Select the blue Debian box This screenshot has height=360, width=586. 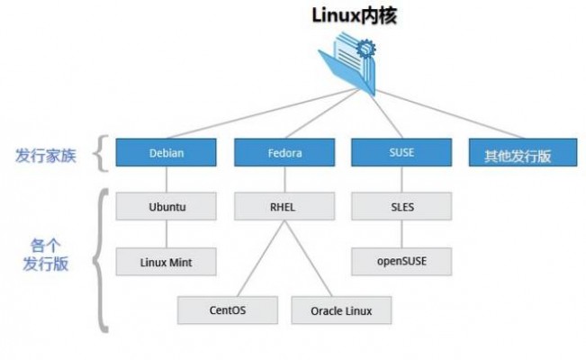pos(167,152)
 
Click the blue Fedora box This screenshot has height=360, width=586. pos(284,152)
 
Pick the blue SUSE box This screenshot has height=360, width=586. pos(401,152)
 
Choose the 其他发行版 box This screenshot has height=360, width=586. pos(518,154)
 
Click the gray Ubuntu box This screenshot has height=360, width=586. pos(167,205)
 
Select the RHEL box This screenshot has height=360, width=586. pos(284,205)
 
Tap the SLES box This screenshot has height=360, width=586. pos(401,205)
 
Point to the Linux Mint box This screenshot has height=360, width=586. pos(167,262)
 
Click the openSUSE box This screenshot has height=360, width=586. pos(401,262)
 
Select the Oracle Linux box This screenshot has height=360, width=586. pos(343,310)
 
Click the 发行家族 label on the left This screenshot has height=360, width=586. pos(46,154)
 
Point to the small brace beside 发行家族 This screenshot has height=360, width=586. pos(102,153)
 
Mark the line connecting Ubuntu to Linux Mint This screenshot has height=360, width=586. pos(167,234)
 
